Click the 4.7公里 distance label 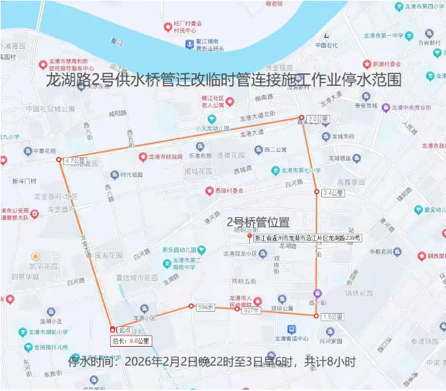tap(75, 160)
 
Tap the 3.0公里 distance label tap(317, 119)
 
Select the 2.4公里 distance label tap(333, 194)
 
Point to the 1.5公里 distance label tap(333, 317)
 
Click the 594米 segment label tap(206, 307)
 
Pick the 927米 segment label tap(251, 310)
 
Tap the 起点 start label tap(125, 330)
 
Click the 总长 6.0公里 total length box tap(130, 341)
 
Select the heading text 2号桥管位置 tap(258, 223)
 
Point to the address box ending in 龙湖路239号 tap(308, 238)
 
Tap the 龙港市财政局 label tap(165, 157)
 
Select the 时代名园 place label tap(131, 175)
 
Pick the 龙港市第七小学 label tap(301, 170)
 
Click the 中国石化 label tap(327, 46)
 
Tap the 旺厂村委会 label tap(188, 24)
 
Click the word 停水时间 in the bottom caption tap(93, 362)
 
